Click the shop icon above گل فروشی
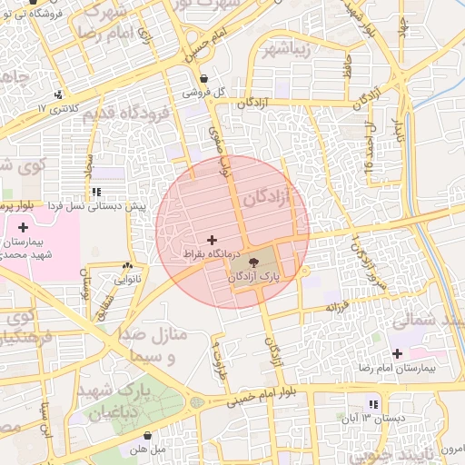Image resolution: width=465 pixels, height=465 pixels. pos(203,78)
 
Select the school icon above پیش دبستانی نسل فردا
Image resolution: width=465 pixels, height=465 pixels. pos(95,192)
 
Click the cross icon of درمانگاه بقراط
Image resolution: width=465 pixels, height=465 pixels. pos(213,240)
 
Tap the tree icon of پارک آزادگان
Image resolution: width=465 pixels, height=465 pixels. pos(252,261)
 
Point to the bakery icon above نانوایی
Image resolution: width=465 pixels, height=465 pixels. pos(126,266)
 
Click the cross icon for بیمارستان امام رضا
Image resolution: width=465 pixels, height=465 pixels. pos(397,352)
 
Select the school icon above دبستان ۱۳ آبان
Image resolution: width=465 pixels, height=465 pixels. pos(373,403)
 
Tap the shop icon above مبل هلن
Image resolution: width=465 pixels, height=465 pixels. pos(147,435)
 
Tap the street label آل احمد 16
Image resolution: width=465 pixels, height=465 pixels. pos(371,143)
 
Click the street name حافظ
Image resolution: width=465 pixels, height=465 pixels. pos(347,65)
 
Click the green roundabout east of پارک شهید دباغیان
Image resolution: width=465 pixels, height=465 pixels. pos(196,401)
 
